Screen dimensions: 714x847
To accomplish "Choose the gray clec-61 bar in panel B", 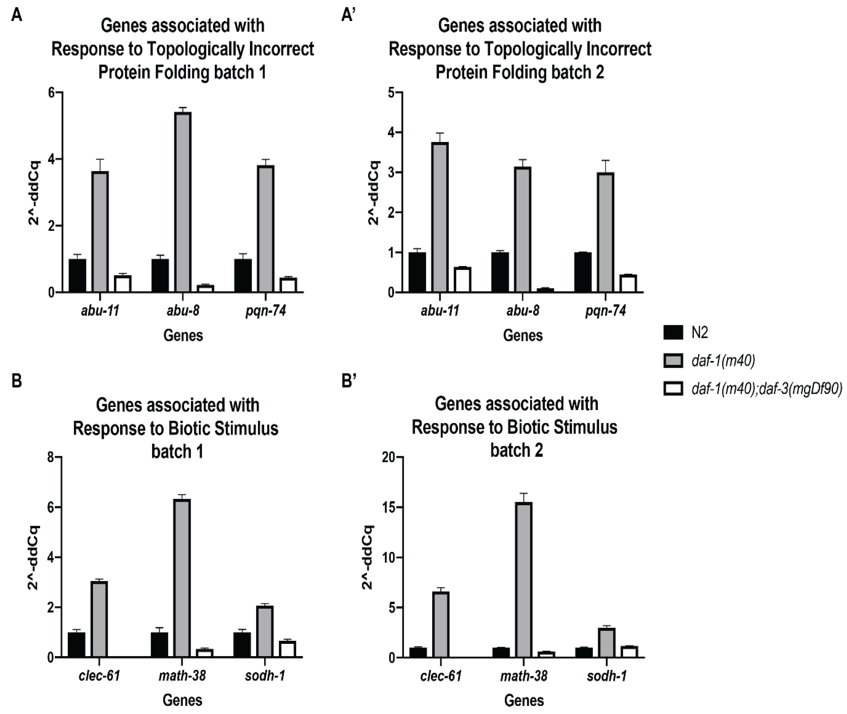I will pos(99,619).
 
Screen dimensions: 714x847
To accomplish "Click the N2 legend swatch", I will pos(673,332).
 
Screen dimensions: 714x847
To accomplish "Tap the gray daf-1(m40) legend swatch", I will pos(673,360).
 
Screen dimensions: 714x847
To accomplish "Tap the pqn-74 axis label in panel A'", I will pos(605,311).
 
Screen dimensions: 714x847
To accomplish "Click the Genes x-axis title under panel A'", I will pos(523,336).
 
